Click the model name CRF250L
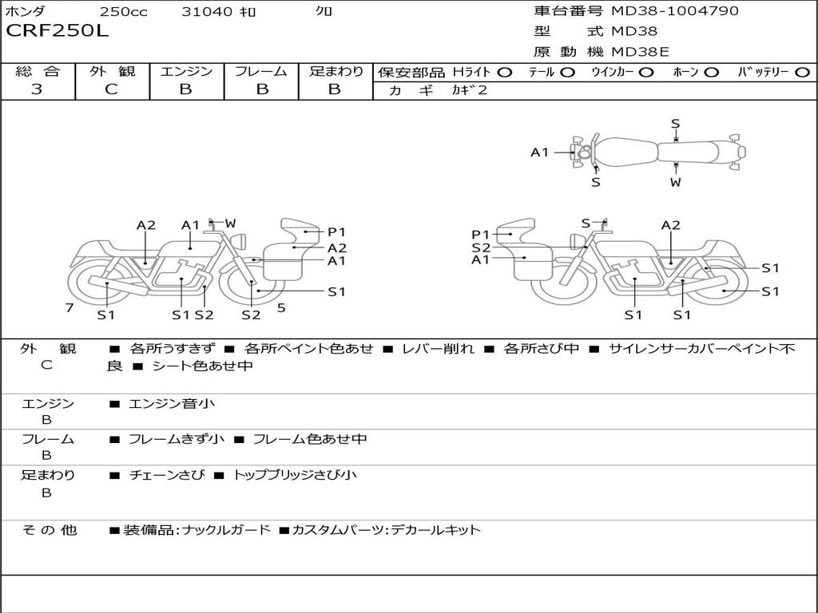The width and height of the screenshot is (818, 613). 57,32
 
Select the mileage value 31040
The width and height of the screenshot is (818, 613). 207,12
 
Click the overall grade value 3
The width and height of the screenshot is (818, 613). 37,89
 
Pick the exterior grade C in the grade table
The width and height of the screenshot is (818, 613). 112,89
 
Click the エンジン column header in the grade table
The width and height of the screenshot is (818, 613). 187,71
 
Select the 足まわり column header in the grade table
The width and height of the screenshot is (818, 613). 336,71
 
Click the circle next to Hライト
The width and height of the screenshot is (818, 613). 505,72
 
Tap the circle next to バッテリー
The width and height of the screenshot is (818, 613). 803,72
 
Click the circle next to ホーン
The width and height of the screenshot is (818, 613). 711,72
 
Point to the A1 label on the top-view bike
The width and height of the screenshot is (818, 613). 541,152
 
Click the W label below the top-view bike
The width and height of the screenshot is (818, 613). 676,182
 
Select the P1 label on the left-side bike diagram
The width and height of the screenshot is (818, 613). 336,232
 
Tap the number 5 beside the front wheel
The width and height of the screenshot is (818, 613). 281,307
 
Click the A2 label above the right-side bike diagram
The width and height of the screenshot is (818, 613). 671,225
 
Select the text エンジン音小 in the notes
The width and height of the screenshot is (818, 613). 172,404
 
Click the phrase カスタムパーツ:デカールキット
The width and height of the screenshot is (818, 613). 386,529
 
